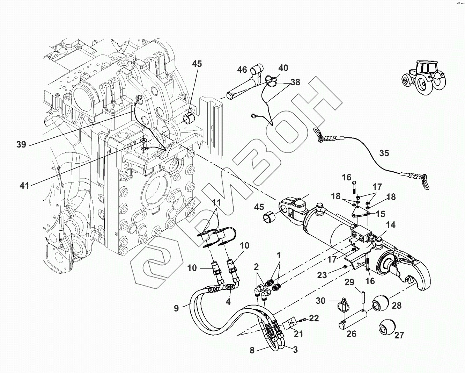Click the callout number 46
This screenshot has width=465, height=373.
click(x=242, y=70)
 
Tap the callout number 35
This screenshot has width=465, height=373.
click(x=384, y=153)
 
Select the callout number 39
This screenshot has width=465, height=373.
click(x=21, y=144)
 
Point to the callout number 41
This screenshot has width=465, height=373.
click(x=24, y=186)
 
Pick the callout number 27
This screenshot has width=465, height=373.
click(x=399, y=335)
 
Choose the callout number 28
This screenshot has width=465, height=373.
click(x=397, y=306)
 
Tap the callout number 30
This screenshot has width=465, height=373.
click(x=320, y=301)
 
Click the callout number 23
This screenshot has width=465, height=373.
click(x=322, y=275)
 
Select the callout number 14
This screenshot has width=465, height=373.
click(x=391, y=225)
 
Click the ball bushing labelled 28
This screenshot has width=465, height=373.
click(x=381, y=302)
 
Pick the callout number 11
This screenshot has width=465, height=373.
click(x=216, y=203)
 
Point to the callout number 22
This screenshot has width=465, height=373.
click(x=314, y=318)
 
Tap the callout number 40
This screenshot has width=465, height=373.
click(x=283, y=68)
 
